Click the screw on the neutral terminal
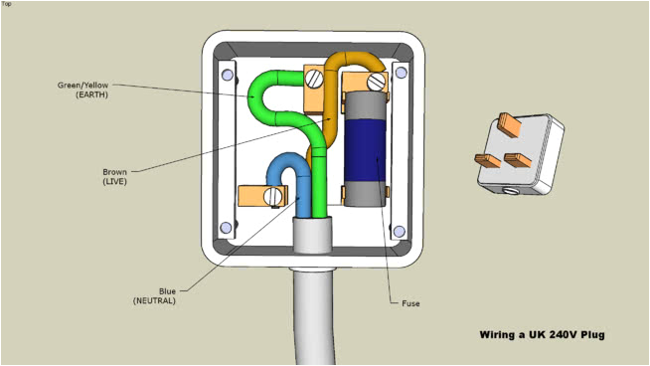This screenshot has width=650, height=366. [270, 196]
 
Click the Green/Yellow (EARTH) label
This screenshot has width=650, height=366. [82, 90]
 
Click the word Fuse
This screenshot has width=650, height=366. [410, 302]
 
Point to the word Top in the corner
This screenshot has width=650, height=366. [7, 4]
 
